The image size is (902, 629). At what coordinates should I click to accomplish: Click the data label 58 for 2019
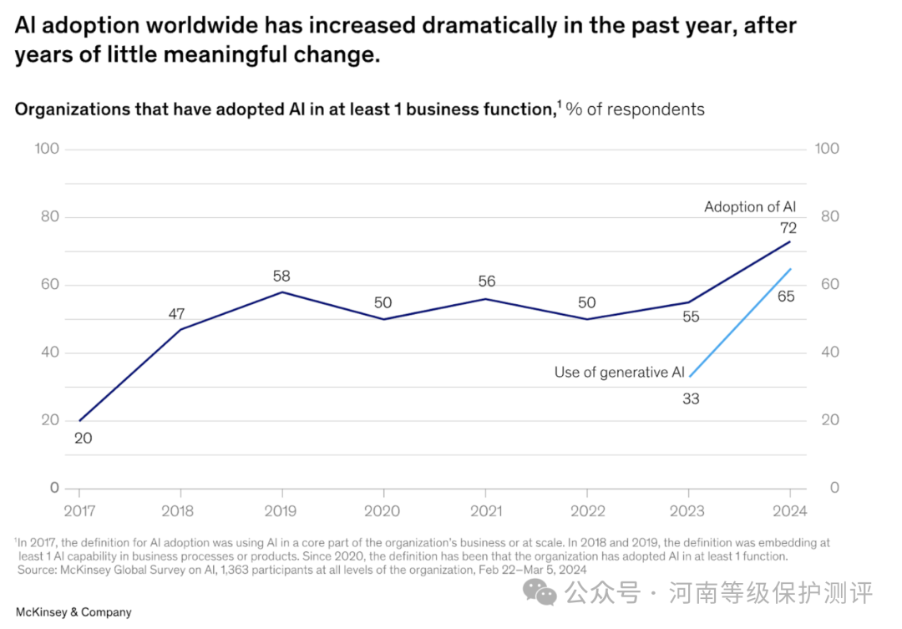(x=281, y=276)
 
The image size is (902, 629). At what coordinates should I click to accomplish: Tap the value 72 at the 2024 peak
(x=788, y=228)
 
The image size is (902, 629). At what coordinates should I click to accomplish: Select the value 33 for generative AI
(x=690, y=399)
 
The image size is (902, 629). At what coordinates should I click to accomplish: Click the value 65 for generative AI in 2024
(x=786, y=296)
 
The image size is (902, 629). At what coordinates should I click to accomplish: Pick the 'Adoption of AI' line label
(x=750, y=207)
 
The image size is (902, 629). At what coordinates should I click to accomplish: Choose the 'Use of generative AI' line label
(x=619, y=373)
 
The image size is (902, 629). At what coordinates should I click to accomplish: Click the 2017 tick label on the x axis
(x=79, y=511)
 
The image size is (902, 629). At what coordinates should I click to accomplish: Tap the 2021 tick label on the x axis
(x=485, y=511)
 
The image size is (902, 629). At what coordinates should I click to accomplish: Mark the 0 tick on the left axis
(x=54, y=488)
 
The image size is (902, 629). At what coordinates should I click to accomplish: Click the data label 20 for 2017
(x=83, y=437)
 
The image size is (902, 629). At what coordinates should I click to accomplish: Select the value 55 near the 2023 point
(x=690, y=317)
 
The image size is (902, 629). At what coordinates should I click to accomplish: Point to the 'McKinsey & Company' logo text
(x=73, y=612)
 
